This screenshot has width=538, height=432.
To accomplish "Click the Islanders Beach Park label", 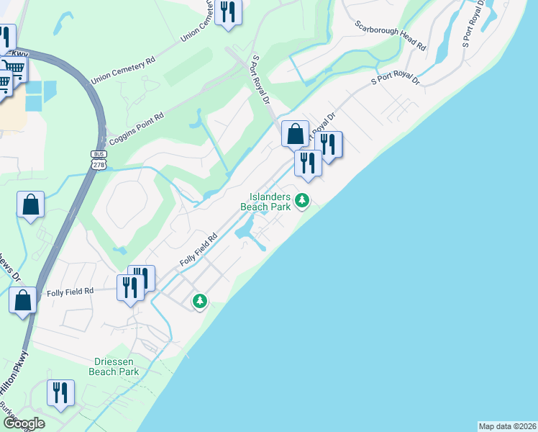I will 270,202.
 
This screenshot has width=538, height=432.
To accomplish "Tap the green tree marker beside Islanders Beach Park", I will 303,200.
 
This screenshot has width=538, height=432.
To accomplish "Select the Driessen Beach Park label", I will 113,367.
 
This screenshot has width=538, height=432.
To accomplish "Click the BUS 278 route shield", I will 99,160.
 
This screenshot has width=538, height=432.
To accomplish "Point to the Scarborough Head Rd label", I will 391,34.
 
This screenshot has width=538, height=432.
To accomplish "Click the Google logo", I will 23,423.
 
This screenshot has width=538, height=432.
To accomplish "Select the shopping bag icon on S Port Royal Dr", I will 295,133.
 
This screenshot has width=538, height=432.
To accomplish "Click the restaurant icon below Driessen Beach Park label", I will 60,392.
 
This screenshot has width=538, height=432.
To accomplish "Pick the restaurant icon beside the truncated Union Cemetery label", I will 229,12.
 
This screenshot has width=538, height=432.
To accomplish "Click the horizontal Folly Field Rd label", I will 70,292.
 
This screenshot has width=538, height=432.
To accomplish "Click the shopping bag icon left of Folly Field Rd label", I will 23,300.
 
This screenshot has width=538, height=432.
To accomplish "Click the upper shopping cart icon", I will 14,70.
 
